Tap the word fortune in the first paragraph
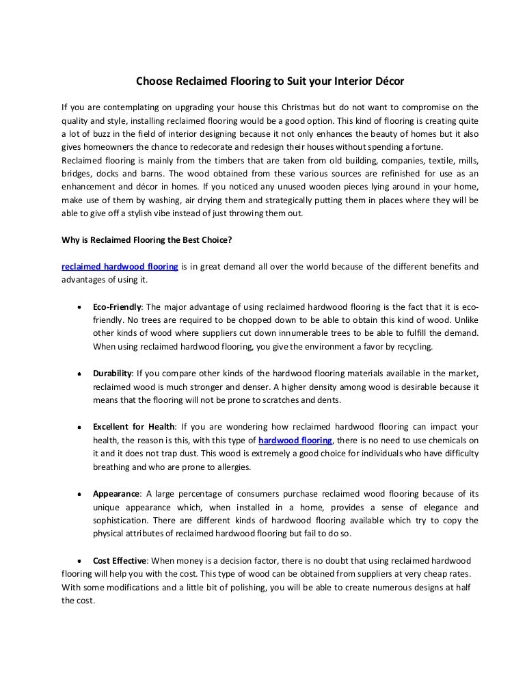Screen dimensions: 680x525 click(423, 146)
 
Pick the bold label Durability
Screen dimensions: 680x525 click(113, 373)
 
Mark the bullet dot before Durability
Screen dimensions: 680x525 click(81, 374)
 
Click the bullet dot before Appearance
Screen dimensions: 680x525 click(81, 494)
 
